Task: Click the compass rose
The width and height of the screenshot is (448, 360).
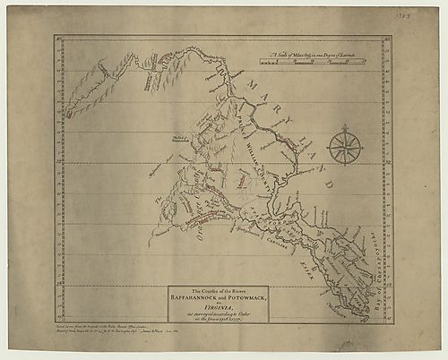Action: pyautogui.click(x=344, y=146)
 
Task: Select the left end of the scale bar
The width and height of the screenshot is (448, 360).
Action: pyautogui.click(x=262, y=62)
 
